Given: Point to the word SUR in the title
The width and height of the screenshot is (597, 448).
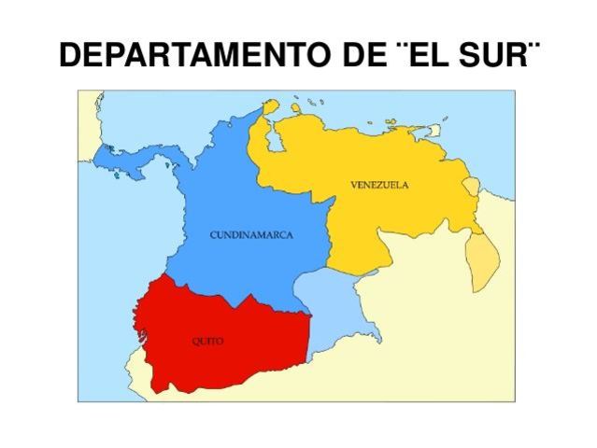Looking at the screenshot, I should point(496,57).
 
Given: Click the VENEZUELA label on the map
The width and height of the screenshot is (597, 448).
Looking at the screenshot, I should point(379,184).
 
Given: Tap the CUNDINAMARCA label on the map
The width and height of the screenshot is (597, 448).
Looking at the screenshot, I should point(250,234).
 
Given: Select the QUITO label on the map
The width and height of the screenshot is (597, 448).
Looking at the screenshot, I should point(207,342).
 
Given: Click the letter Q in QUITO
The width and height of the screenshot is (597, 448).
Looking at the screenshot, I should point(195,342).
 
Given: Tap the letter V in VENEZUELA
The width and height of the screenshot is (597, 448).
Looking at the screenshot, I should point(354,184).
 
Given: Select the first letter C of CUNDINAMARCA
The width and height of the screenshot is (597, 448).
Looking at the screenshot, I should point(212,234).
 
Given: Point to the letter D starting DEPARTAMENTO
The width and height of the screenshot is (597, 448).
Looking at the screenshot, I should point(70,57).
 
